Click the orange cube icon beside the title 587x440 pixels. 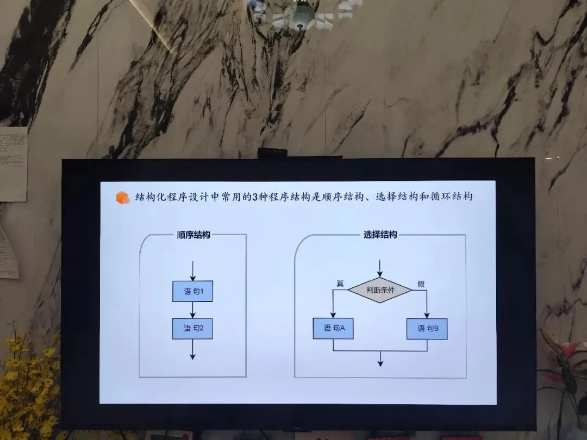(122, 198)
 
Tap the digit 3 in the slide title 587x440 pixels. (247, 197)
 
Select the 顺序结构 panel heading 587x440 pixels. (193, 235)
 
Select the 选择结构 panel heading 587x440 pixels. (380, 235)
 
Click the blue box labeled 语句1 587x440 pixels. (192, 292)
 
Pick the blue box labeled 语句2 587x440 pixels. (192, 328)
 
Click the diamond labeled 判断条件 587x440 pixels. (379, 290)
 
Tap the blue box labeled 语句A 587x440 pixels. (333, 328)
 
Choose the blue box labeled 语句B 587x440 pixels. (427, 329)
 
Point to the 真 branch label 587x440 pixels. (340, 284)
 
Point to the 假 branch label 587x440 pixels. (421, 284)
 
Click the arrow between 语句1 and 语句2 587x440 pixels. (192, 310)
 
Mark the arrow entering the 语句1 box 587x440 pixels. (192, 272)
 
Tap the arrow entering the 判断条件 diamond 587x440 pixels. (379, 269)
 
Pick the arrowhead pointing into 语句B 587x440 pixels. (427, 315)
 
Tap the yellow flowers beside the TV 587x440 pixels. (27, 380)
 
